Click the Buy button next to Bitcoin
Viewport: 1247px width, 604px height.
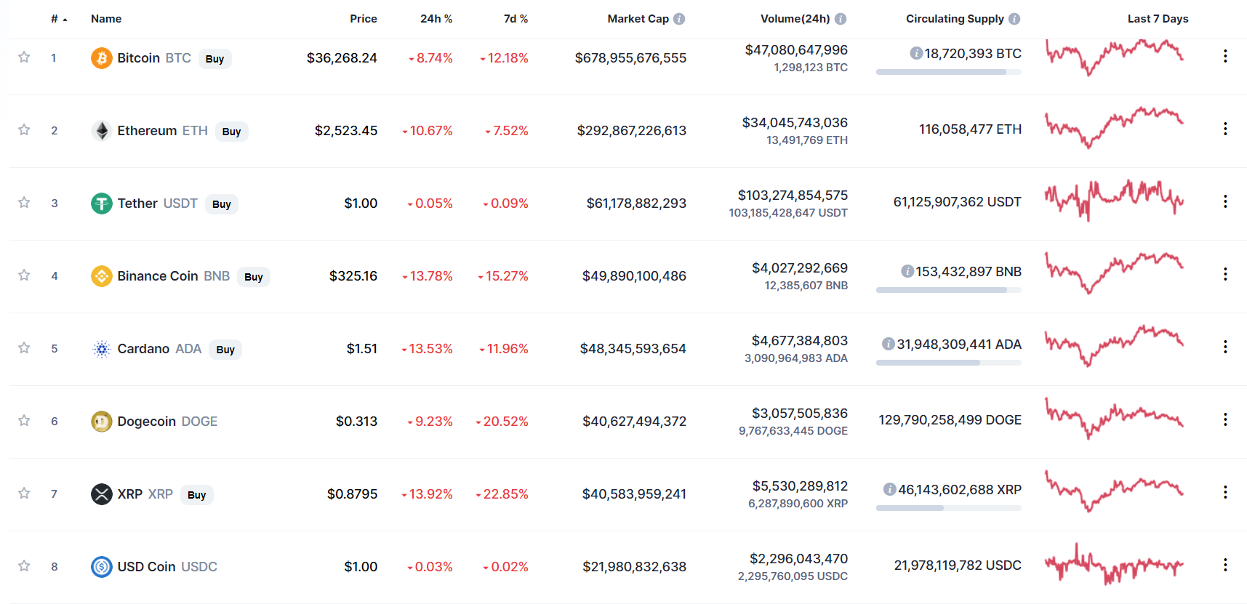click(x=214, y=59)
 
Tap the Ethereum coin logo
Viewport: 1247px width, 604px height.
click(x=102, y=131)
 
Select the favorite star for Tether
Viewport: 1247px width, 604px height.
click(x=24, y=203)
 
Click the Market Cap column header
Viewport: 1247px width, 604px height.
click(x=638, y=19)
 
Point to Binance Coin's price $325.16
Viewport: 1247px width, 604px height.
click(x=353, y=276)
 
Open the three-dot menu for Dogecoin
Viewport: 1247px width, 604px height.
click(x=1225, y=419)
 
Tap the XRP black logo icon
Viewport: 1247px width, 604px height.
click(x=102, y=494)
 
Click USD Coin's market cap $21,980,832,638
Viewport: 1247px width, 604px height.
click(x=634, y=567)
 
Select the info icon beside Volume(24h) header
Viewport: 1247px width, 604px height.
click(x=841, y=19)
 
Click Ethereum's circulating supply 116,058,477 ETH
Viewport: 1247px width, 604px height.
click(x=970, y=129)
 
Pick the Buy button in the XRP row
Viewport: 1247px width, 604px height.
click(x=196, y=495)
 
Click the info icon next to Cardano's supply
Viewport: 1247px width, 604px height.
click(x=888, y=344)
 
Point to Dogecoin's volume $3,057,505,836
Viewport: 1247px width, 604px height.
click(x=800, y=414)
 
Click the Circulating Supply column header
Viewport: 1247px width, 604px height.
click(x=954, y=19)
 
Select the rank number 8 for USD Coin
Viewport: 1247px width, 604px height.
click(x=55, y=567)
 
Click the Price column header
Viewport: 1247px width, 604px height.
click(x=363, y=19)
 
